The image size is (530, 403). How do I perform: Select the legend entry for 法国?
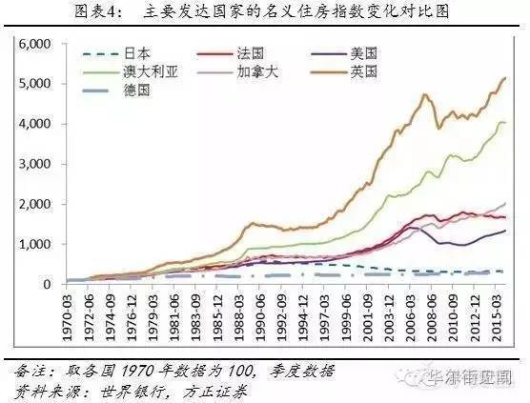point(254,55)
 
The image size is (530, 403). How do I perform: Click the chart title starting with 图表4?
point(265,11)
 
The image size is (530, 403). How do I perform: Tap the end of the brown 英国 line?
point(505,78)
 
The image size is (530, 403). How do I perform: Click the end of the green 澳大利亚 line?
point(505,122)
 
